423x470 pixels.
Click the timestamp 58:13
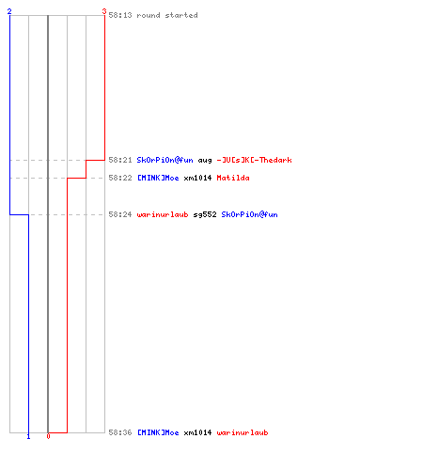click(x=120, y=15)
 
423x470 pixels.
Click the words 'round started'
click(x=167, y=15)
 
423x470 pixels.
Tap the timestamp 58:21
click(x=120, y=160)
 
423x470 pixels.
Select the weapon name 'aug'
click(x=205, y=161)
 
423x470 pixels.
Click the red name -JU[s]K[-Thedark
click(x=254, y=160)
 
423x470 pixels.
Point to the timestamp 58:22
click(x=120, y=178)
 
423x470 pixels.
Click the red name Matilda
click(x=233, y=178)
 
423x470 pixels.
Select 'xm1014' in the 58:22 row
click(x=197, y=178)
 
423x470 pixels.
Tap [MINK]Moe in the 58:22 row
click(x=158, y=178)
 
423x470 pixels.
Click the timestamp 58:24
click(x=120, y=214)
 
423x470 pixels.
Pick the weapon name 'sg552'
click(x=205, y=215)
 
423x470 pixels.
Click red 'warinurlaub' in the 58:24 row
click(x=163, y=214)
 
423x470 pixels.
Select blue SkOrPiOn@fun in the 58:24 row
click(x=249, y=214)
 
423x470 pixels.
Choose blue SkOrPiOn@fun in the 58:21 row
click(x=164, y=160)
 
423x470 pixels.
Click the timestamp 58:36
click(x=120, y=432)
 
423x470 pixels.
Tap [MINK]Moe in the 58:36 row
click(x=158, y=432)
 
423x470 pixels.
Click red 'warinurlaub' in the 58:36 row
click(x=243, y=432)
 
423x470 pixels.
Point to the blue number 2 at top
click(x=9, y=11)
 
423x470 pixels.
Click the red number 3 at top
click(x=104, y=11)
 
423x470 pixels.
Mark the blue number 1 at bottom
click(x=28, y=436)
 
